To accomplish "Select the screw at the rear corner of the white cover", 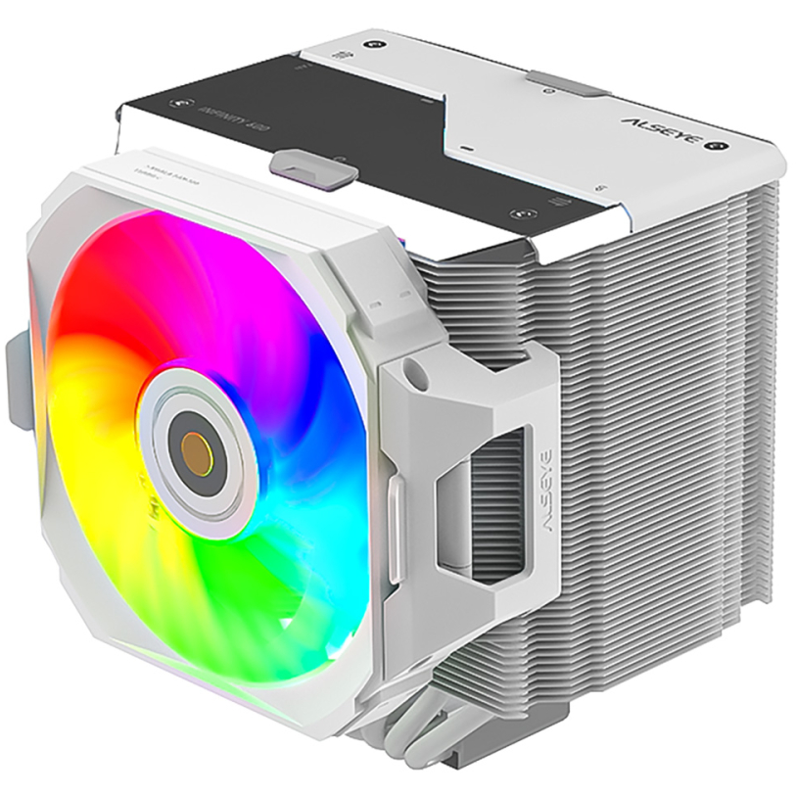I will tap(374, 45).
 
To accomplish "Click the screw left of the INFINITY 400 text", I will tap(177, 101).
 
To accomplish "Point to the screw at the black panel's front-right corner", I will tap(516, 211).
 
